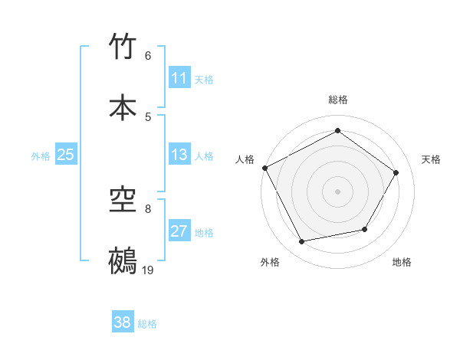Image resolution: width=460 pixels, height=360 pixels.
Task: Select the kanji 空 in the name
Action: click(123, 201)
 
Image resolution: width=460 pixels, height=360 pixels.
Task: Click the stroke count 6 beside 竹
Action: click(148, 56)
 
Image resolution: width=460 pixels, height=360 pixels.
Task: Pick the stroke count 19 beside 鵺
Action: click(148, 270)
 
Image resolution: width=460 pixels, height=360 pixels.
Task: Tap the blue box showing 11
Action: click(179, 78)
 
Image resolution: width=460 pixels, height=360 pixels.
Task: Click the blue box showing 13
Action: click(179, 155)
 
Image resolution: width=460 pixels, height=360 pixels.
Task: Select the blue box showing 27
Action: click(179, 231)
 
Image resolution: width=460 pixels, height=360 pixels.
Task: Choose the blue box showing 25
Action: click(65, 155)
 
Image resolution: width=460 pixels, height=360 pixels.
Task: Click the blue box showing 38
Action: click(123, 322)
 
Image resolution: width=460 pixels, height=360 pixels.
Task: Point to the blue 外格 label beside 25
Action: click(41, 156)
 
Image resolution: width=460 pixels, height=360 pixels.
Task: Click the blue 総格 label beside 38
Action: click(147, 324)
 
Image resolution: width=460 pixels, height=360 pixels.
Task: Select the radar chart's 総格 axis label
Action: click(337, 100)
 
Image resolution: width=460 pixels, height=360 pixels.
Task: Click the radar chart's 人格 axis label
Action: click(245, 159)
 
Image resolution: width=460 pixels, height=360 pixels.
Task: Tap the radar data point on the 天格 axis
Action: click(396, 172)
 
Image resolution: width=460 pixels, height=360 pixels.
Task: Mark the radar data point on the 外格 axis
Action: click(301, 242)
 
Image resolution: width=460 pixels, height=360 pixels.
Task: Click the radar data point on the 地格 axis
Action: click(365, 229)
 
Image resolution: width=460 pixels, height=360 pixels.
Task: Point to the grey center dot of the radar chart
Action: click(337, 191)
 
